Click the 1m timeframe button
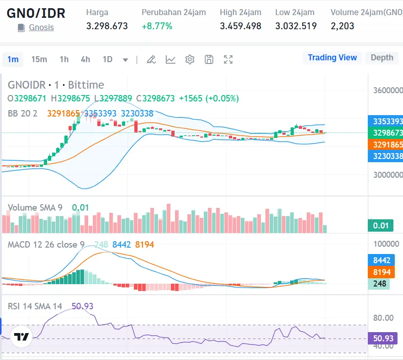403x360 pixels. [x=13, y=59]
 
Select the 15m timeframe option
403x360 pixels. [x=39, y=59]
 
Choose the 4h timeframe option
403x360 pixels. [x=85, y=59]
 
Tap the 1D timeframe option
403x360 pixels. [x=107, y=59]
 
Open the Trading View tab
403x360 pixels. [x=332, y=58]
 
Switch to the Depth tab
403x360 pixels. [x=382, y=58]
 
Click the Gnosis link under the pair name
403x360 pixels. [x=41, y=27]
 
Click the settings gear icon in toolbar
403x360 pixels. [x=190, y=59]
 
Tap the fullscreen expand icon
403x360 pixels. [x=228, y=59]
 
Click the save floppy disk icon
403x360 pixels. [x=209, y=59]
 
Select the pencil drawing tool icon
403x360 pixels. [x=151, y=59]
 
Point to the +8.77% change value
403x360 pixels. [x=157, y=26]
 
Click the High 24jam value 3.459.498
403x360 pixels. [x=240, y=26]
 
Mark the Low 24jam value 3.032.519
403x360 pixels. [x=296, y=26]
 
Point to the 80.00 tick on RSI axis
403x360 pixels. [x=383, y=318]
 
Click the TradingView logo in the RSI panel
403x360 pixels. [x=21, y=337]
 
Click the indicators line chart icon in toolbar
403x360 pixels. [x=170, y=59]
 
